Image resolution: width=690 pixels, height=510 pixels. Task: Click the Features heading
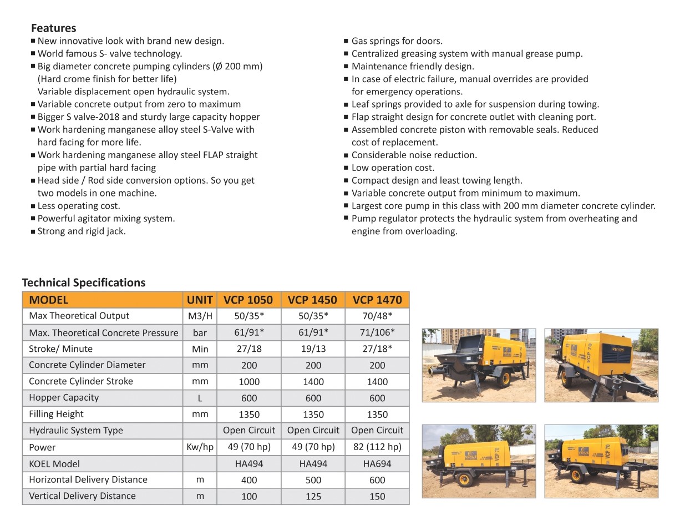(x=53, y=28)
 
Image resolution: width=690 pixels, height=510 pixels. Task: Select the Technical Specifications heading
(x=84, y=282)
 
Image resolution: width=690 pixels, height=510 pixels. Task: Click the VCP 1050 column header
(x=248, y=300)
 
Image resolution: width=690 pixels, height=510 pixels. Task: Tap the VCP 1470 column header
(x=377, y=300)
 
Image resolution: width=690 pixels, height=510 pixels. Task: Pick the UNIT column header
(x=200, y=300)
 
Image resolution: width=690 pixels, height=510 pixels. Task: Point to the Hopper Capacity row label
(x=64, y=397)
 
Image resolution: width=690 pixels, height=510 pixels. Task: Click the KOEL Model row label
(x=54, y=464)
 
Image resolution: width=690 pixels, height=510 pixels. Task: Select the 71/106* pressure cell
(x=377, y=332)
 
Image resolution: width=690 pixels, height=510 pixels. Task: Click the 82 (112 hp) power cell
(x=377, y=447)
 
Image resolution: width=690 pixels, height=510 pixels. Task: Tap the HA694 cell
(x=377, y=464)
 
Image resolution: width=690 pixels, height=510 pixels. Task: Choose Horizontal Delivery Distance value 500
(x=313, y=480)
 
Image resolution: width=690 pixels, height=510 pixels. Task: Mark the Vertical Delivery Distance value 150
(x=377, y=497)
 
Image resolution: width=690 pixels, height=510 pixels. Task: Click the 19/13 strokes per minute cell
(x=313, y=349)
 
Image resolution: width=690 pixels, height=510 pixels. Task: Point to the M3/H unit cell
(x=200, y=316)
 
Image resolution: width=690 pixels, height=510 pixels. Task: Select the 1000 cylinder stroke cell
(x=249, y=382)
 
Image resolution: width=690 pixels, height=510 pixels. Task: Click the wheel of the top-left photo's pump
(x=504, y=378)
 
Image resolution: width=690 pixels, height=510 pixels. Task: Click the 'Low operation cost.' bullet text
(x=393, y=168)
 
